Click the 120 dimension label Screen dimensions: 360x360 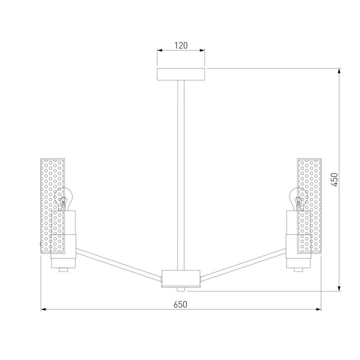tap(181, 45)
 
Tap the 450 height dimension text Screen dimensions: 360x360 tap(334, 179)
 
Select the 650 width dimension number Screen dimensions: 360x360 tap(180, 304)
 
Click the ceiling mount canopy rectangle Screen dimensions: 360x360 tap(181, 74)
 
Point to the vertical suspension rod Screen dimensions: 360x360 tap(180, 175)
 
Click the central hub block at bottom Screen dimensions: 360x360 tap(180, 278)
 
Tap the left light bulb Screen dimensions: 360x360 tap(63, 199)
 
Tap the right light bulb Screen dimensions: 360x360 tap(298, 199)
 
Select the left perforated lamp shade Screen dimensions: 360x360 tap(52, 206)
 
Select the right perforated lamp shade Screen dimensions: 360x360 tap(309, 206)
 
